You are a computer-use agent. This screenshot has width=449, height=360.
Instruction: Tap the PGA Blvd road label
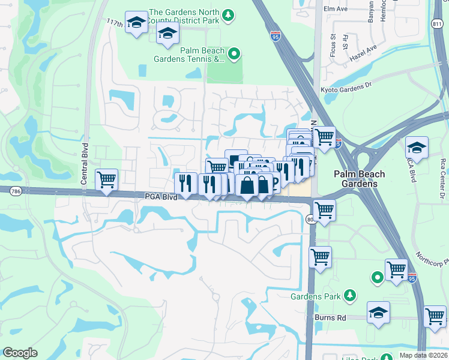(x=160, y=196)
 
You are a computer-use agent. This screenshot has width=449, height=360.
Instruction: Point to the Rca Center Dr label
(x=442, y=178)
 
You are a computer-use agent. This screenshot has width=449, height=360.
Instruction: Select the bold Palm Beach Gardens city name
(x=360, y=179)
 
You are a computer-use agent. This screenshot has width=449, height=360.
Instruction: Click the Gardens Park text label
(x=315, y=296)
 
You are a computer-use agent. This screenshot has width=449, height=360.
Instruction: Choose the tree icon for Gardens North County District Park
(x=228, y=14)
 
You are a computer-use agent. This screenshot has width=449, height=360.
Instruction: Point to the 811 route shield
(x=436, y=23)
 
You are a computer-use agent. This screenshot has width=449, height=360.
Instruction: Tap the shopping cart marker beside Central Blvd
(x=106, y=179)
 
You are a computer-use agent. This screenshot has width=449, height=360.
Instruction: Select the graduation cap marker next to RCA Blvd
(x=417, y=146)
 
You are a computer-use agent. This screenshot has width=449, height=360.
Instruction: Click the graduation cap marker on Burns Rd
(x=378, y=312)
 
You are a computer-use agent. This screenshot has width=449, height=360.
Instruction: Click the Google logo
(x=20, y=353)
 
